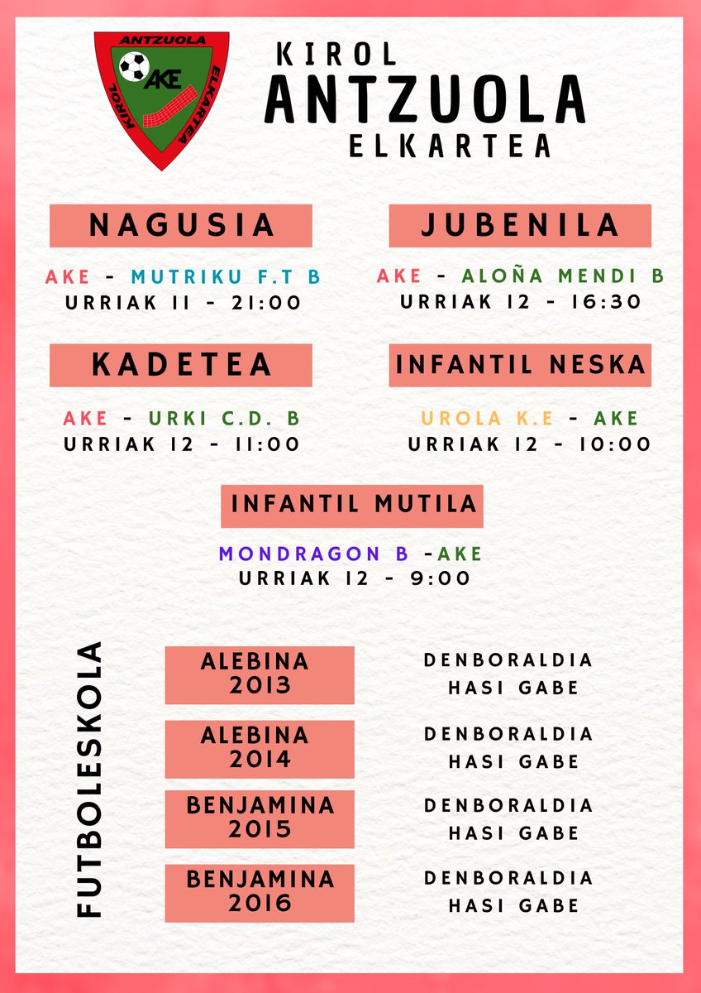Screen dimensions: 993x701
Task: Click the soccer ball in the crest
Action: (x=132, y=66)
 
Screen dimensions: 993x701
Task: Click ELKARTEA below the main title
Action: (x=450, y=145)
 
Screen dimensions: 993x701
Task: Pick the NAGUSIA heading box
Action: (x=181, y=225)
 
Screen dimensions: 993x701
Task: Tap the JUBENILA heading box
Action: (x=520, y=225)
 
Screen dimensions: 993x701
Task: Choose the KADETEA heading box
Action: (x=181, y=365)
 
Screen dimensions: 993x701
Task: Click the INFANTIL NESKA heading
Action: (x=520, y=365)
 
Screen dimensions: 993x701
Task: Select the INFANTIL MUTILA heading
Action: (x=352, y=505)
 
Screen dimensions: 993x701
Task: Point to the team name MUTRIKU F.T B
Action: (x=226, y=277)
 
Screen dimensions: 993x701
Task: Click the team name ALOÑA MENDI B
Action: (x=562, y=276)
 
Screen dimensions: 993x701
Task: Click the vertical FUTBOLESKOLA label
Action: (x=89, y=779)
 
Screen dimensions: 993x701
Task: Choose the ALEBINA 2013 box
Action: (x=260, y=674)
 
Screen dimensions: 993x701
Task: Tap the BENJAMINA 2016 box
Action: (x=260, y=892)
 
